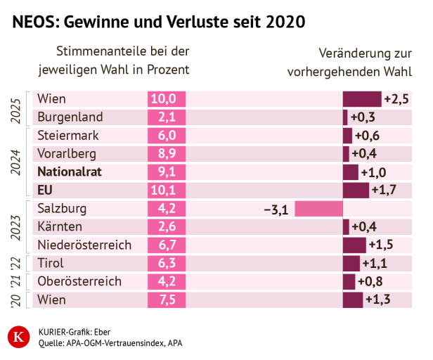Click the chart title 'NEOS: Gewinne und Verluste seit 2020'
click(x=158, y=22)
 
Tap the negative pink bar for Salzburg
click(x=318, y=209)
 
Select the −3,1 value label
click(x=275, y=209)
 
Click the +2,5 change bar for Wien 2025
click(x=361, y=99)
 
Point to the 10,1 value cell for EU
click(x=166, y=191)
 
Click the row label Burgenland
click(x=70, y=117)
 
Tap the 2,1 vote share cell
click(x=166, y=117)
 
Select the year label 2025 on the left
click(x=17, y=108)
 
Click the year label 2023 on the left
click(x=17, y=227)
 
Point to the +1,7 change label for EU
click(x=384, y=191)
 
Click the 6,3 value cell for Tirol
click(x=166, y=264)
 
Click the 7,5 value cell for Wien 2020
click(x=166, y=300)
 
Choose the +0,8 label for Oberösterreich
click(x=370, y=282)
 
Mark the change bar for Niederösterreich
click(x=354, y=245)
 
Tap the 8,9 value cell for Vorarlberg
click(x=166, y=154)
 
